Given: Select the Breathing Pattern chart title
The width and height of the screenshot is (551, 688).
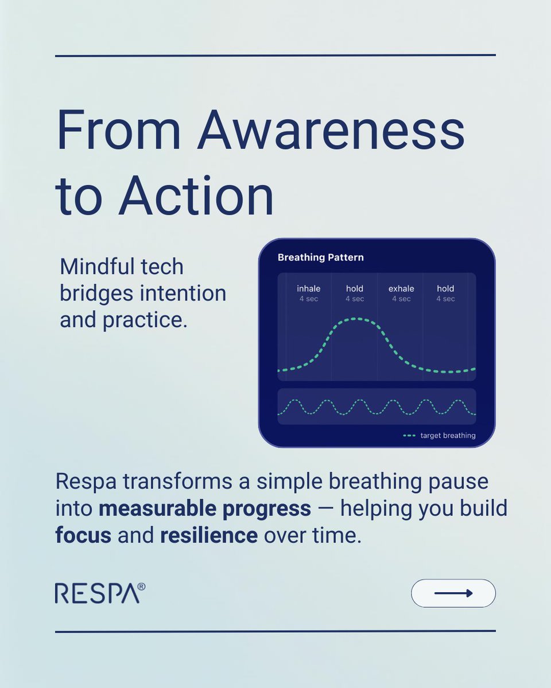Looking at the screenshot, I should [320, 257].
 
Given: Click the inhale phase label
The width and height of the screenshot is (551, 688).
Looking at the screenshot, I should [308, 288].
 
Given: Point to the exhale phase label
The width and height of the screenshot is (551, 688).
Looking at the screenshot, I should [401, 288].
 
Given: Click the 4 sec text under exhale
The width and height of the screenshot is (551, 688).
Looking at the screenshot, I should [401, 299].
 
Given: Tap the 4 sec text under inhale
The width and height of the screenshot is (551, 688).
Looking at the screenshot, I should [308, 299].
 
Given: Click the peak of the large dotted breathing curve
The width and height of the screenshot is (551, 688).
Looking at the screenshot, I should [356, 319].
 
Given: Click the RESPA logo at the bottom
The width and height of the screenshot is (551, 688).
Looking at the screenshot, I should [96, 593].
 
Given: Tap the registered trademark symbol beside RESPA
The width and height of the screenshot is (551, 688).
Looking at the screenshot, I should [141, 587].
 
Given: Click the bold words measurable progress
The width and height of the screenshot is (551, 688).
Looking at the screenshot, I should [205, 508].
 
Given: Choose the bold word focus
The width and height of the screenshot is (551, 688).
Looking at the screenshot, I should [83, 535].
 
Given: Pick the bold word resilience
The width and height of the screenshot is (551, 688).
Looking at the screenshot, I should [209, 535].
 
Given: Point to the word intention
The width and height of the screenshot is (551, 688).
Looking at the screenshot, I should [184, 294].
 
